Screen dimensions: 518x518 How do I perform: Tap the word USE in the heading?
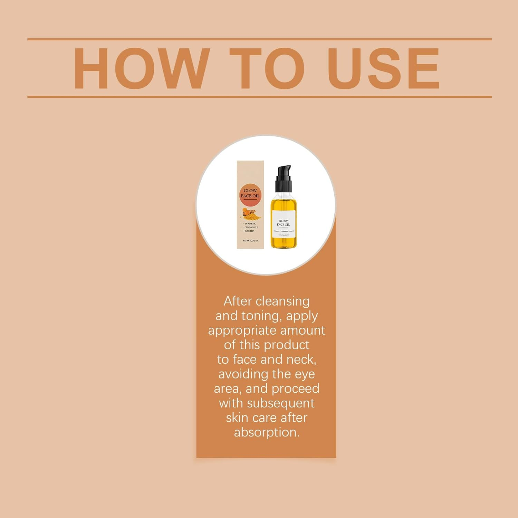click(x=383, y=68)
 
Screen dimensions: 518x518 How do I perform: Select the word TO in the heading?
click(x=267, y=68)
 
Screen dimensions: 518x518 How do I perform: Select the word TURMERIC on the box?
click(x=250, y=224)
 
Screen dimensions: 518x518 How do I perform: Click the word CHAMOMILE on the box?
click(x=251, y=228)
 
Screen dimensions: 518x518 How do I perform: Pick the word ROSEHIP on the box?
click(x=249, y=231)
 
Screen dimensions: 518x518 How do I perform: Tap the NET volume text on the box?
click(x=250, y=241)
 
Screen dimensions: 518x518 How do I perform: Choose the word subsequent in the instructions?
click(x=280, y=403)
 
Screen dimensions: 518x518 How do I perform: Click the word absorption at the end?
click(x=266, y=432)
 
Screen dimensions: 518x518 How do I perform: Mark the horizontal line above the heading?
click(x=259, y=39)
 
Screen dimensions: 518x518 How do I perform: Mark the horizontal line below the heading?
click(x=259, y=97)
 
